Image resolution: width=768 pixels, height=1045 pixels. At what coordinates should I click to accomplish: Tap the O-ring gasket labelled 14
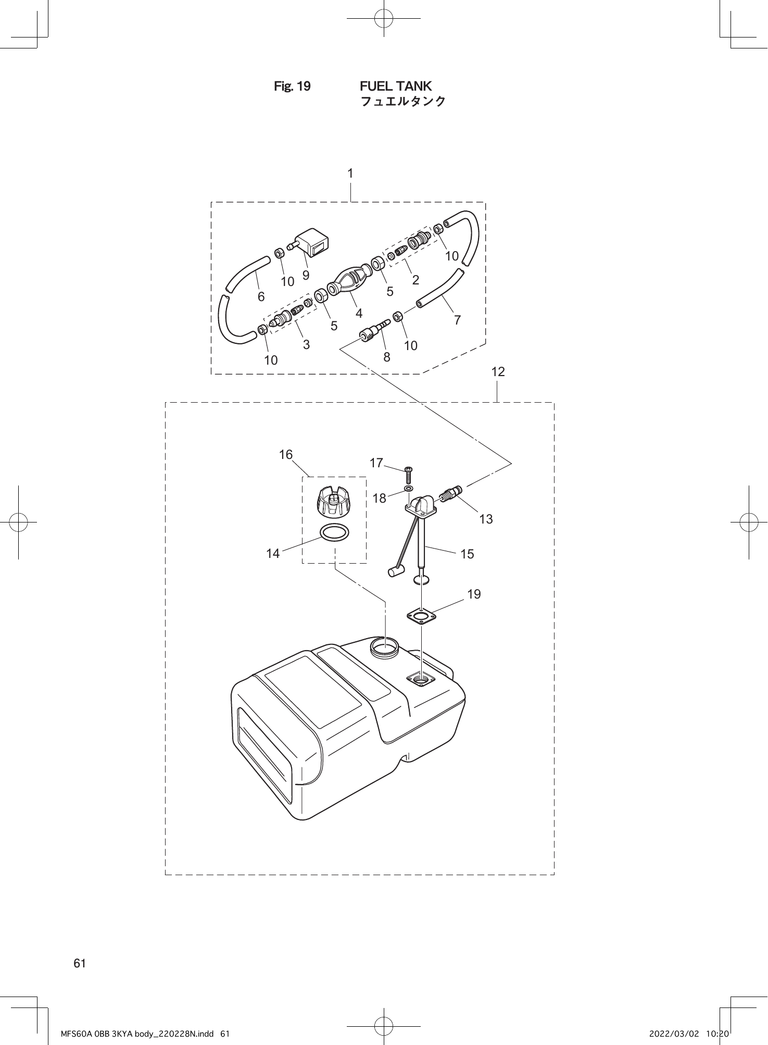(334, 533)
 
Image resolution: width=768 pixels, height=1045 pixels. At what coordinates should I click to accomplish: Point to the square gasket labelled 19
(421, 617)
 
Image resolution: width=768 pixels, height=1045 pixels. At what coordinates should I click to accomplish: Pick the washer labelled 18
(409, 490)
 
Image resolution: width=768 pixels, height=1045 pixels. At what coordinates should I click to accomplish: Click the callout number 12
(498, 372)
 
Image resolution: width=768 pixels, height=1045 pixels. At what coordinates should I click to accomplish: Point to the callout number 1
(350, 173)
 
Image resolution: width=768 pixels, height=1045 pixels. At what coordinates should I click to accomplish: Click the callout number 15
(467, 554)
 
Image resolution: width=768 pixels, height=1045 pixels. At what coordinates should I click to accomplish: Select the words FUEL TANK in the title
(396, 86)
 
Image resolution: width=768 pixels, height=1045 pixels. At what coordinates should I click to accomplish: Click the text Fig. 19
(292, 86)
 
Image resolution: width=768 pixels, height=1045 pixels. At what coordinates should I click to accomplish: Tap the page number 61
(80, 963)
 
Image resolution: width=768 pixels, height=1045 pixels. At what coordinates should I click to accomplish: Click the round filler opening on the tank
(385, 647)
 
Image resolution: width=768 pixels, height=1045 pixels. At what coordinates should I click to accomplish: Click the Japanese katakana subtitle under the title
(403, 101)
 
